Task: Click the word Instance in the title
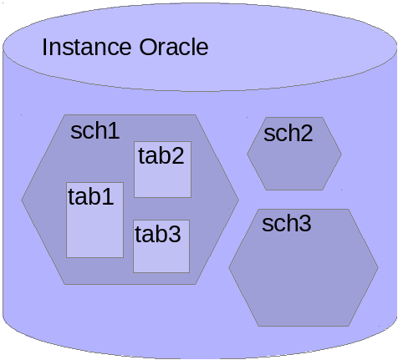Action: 87,47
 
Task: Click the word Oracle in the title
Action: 174,47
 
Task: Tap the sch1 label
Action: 95,130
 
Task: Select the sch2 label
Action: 288,134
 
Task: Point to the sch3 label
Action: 287,223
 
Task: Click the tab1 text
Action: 91,196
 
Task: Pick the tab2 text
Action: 161,155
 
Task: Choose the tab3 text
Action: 158,234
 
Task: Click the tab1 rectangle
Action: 94,220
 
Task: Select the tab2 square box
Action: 163,170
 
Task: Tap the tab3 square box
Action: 161,246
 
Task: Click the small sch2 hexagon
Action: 294,154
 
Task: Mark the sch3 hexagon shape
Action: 304,267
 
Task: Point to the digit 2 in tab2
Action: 177,155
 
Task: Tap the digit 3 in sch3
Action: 305,223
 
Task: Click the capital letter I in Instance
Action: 44,47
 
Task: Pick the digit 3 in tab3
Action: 175,234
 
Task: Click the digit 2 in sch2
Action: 307,134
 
